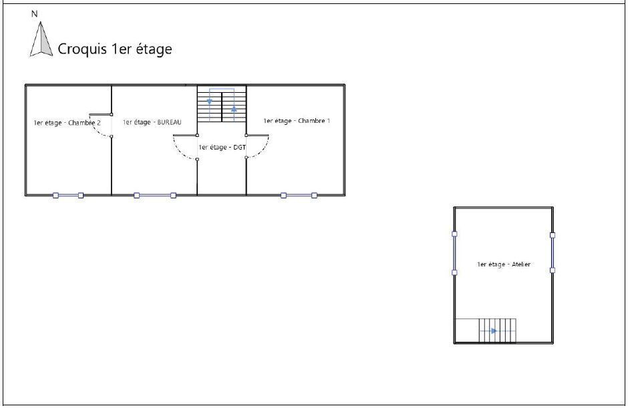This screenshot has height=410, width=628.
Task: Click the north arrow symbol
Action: coord(41,39)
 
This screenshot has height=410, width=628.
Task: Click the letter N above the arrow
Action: coord(35,13)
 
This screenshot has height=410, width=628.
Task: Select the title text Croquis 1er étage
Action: coord(115,49)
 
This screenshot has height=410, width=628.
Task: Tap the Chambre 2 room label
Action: coord(67,122)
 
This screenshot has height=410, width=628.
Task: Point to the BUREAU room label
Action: coord(152,122)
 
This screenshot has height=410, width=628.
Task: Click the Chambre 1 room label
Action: coord(297,120)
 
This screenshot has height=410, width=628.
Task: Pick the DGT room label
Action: coord(222,148)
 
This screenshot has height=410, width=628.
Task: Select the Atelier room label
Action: coord(504,264)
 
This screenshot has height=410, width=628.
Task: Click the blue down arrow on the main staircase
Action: coord(210,101)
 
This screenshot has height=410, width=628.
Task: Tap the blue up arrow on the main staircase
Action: coord(234,108)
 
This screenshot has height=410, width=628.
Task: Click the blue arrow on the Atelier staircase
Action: coord(494,331)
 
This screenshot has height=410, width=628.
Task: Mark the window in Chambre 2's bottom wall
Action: coord(68,196)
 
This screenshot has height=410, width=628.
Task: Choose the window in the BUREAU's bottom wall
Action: coord(155,196)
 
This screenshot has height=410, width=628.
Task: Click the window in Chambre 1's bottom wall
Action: coord(299,196)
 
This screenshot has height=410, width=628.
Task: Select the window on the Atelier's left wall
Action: coord(454,253)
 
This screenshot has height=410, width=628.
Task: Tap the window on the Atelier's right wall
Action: coord(553,252)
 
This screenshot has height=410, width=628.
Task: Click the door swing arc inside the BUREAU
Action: coord(179,152)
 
